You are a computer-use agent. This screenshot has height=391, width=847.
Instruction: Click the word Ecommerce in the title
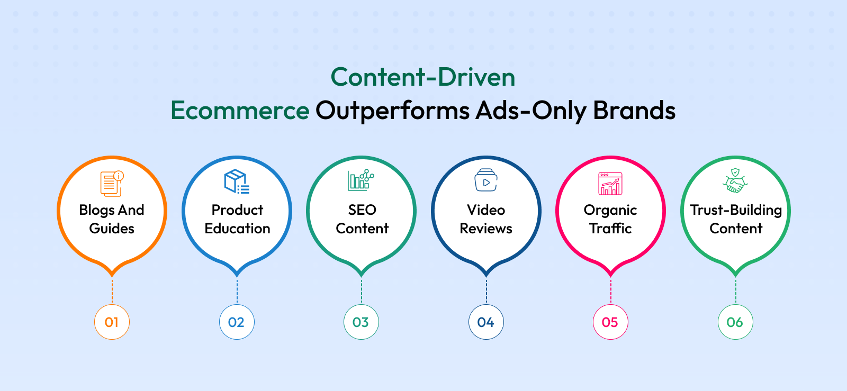coord(240,110)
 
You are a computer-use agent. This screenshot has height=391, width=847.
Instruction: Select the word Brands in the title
coord(634,110)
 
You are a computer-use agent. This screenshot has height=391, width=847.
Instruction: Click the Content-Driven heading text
coord(423,77)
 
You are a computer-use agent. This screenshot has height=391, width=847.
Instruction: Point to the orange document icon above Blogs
coord(112,184)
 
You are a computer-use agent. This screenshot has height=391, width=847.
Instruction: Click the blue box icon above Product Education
coord(237,181)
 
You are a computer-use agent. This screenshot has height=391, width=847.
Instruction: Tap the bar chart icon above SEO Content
coord(361,180)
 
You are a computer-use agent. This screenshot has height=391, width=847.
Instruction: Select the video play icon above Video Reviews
coord(486,180)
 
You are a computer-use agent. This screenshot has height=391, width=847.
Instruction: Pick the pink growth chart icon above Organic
coord(610,184)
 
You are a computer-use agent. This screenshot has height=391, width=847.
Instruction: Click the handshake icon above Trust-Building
coord(735,180)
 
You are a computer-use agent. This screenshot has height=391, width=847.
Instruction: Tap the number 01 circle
coord(112,322)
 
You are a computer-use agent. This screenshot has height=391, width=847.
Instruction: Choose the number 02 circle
coord(237,322)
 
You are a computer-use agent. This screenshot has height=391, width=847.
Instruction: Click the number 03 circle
coord(361,322)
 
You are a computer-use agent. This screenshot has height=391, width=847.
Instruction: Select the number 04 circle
coord(486,322)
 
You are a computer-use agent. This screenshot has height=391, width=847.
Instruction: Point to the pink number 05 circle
coord(610,322)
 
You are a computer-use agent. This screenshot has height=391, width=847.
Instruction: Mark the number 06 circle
coord(735,322)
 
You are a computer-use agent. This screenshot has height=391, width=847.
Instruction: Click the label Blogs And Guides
coord(112,219)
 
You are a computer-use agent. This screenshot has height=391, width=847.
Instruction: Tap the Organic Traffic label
coord(610,219)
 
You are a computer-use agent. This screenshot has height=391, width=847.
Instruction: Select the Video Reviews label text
coord(486,219)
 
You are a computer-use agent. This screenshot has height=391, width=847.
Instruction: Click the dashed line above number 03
coord(362,291)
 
